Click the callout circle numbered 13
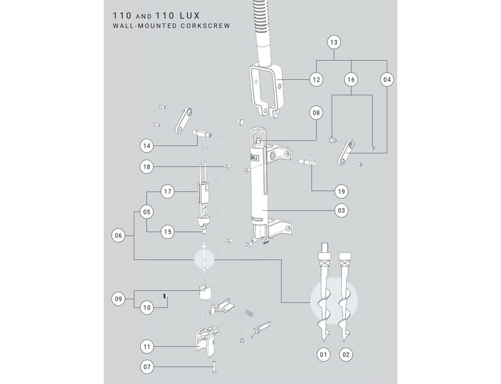[x=334, y=43]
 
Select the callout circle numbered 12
[x=316, y=80]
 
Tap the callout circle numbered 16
[x=351, y=80]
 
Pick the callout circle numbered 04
[x=387, y=80]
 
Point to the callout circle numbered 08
[x=316, y=113]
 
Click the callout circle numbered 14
[x=147, y=146]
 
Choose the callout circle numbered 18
[x=147, y=166]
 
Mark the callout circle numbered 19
[x=343, y=191]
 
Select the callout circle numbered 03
[x=343, y=211]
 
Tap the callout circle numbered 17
[x=168, y=191]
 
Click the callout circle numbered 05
[x=147, y=212]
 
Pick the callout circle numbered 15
[x=168, y=232]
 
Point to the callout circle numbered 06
[x=118, y=235]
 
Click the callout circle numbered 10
[x=147, y=307]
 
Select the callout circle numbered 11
[x=147, y=346]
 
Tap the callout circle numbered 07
[x=147, y=367]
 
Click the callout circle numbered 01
[x=324, y=355]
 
